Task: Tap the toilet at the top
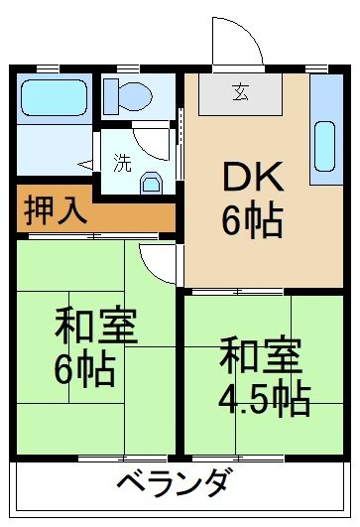(x=128, y=95)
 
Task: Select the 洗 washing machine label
(x=121, y=164)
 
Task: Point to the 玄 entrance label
(x=241, y=94)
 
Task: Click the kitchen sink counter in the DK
(x=324, y=129)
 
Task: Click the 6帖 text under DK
(x=252, y=219)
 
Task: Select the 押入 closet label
(x=56, y=209)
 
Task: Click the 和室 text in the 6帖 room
(x=95, y=327)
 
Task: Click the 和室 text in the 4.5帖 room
(x=261, y=354)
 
